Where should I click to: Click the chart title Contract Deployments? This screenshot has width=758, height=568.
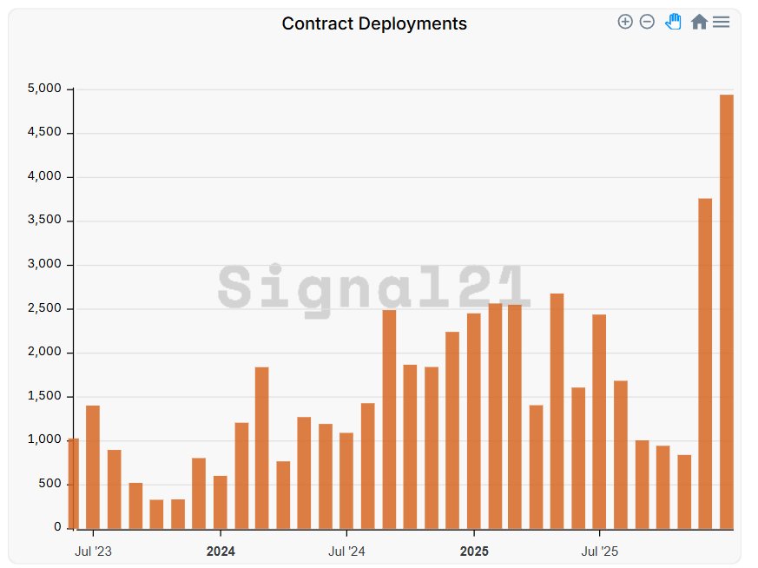(374, 23)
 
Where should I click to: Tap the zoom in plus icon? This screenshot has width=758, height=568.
(625, 22)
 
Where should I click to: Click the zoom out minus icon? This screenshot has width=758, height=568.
(647, 22)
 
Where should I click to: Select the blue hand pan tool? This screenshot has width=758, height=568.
(673, 22)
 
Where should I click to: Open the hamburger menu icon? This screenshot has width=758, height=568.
(721, 22)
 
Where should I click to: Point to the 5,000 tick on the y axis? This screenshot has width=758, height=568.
(43, 89)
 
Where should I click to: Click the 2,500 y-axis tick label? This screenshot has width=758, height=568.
(43, 308)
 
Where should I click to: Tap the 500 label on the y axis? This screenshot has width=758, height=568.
(50, 484)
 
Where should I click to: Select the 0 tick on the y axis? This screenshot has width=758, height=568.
(58, 527)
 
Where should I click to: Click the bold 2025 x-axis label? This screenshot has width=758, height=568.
(474, 551)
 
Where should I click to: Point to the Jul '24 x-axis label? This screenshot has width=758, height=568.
(346, 551)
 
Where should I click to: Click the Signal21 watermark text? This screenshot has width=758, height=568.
(373, 287)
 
